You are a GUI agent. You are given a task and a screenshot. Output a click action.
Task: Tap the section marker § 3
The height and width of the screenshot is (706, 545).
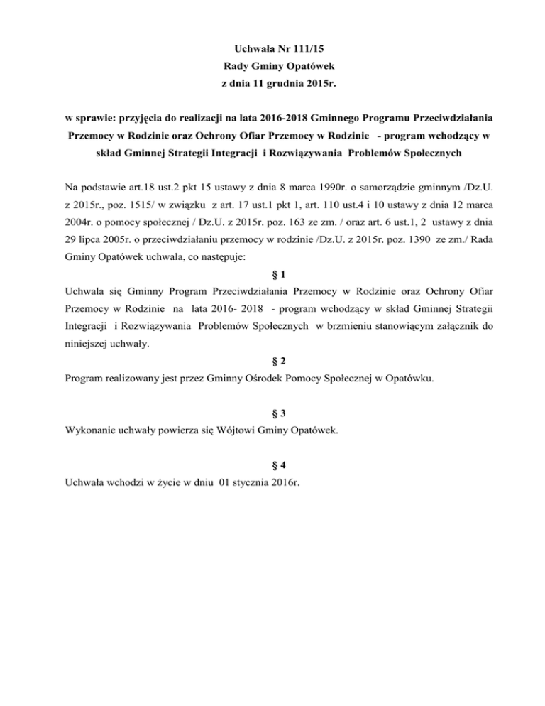(272, 413)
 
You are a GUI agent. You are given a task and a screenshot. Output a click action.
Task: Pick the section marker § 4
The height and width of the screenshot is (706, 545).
(272, 465)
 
